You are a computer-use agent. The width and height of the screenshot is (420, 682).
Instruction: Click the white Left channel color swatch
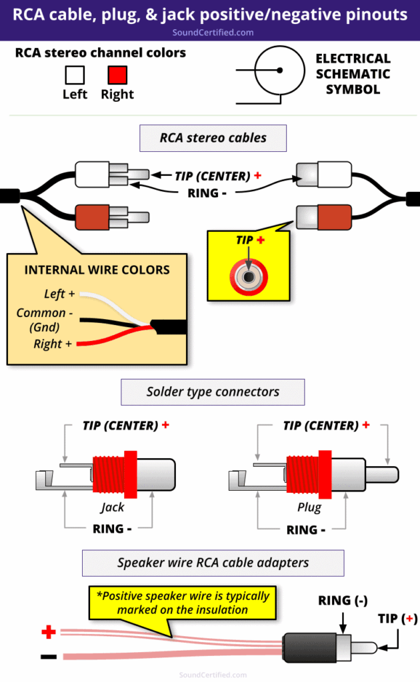[x=74, y=74]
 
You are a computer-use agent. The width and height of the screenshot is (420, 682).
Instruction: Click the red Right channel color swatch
[x=117, y=74]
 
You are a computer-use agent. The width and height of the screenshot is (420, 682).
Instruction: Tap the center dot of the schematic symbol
[x=280, y=70]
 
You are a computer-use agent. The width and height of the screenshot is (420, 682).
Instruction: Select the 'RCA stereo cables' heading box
[x=213, y=139]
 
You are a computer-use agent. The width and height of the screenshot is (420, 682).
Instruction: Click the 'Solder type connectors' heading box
[x=213, y=392]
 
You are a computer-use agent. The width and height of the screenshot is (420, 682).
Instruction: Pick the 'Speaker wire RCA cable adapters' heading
[x=213, y=563]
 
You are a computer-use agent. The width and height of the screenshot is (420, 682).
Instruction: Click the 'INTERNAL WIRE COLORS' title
[x=97, y=270]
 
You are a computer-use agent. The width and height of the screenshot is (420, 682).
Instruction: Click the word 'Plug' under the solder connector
[x=309, y=508]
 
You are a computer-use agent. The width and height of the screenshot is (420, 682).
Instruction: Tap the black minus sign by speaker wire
[x=49, y=657]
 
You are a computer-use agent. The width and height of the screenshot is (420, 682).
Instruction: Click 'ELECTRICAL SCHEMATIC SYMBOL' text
[x=353, y=74]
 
